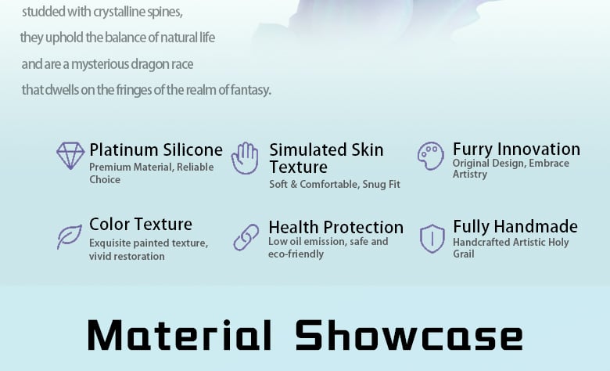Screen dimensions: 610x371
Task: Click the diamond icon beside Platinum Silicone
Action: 70,156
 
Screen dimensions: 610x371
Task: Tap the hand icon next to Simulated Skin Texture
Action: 245,158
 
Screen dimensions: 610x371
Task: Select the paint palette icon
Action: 431,156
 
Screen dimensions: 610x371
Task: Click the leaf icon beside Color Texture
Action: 70,236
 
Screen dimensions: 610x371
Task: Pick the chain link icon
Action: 246,237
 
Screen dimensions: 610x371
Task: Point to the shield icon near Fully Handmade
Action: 432,239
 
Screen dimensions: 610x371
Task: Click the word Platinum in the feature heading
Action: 124,150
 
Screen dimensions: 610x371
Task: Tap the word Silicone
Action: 193,149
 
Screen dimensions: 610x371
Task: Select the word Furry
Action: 472,149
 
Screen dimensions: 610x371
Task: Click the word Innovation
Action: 539,149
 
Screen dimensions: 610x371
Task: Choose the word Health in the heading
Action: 293,227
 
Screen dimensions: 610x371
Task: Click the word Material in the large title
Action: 179,335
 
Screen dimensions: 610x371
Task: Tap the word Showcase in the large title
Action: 409,335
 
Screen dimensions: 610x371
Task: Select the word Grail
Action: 463,254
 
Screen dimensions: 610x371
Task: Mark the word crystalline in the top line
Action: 119,12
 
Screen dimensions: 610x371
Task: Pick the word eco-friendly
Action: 296,254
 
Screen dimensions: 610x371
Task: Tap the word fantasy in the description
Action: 250,90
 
